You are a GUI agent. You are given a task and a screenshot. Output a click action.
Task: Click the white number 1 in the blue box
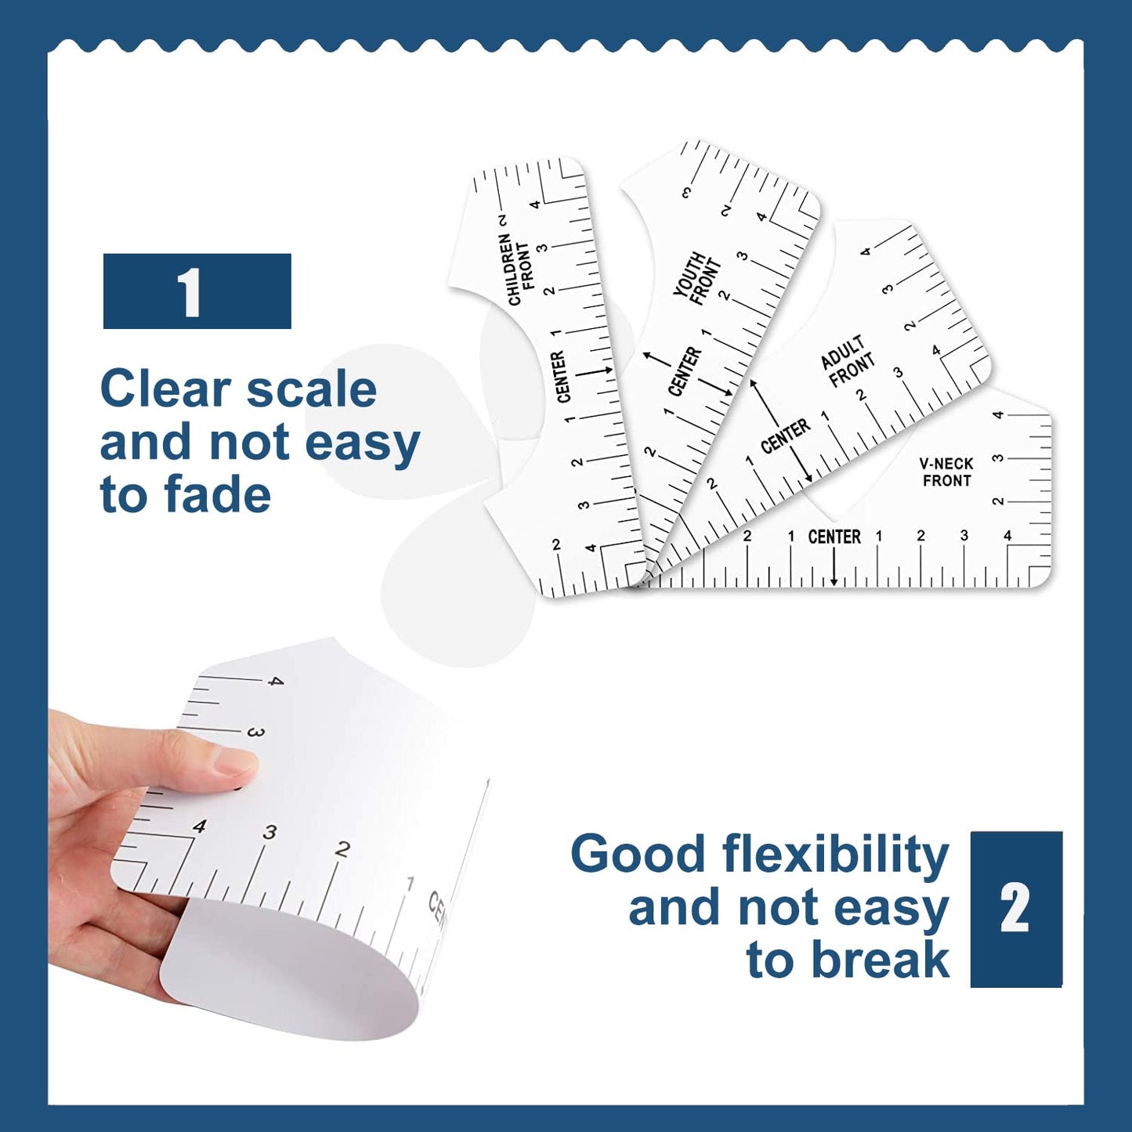click(190, 292)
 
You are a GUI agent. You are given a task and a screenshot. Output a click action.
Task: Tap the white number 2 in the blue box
click(1014, 909)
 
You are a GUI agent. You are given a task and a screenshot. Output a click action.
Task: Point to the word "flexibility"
click(835, 855)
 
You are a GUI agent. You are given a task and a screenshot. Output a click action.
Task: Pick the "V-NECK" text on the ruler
click(946, 464)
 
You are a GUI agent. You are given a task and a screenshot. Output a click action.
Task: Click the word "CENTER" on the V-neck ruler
click(834, 537)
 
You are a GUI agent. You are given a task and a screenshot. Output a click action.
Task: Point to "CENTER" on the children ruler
click(561, 378)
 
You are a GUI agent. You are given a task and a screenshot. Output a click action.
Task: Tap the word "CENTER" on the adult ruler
click(786, 436)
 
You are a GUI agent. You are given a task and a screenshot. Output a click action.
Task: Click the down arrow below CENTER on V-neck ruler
click(834, 568)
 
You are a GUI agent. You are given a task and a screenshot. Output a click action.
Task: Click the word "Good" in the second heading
click(638, 855)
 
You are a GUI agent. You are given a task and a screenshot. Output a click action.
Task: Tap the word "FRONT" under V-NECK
click(946, 481)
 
